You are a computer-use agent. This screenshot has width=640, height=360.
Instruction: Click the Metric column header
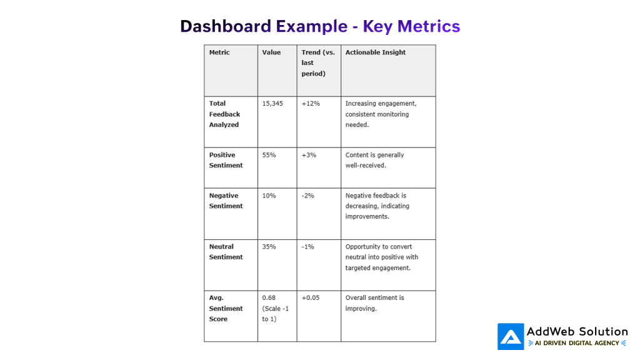(x=219, y=52)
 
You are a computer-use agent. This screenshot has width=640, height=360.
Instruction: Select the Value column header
(x=271, y=52)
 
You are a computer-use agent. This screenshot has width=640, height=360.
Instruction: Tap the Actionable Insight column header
(x=376, y=52)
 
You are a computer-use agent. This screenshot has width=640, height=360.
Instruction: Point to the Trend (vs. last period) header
(x=318, y=63)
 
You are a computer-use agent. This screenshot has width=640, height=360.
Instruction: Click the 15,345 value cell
(x=272, y=104)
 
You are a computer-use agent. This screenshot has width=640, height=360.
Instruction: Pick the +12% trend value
(x=311, y=104)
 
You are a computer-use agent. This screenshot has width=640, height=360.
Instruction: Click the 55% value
(x=269, y=155)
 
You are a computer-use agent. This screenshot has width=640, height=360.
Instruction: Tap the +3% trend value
(x=309, y=155)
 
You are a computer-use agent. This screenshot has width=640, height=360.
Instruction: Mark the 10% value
(x=269, y=196)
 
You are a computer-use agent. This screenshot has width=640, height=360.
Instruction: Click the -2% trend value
(x=307, y=196)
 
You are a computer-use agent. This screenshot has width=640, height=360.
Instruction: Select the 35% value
(x=269, y=247)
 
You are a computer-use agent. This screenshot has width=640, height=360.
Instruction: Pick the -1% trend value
(x=307, y=247)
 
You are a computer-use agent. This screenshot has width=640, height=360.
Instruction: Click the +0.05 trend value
(x=311, y=298)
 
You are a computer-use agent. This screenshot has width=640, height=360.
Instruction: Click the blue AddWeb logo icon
(x=511, y=336)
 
